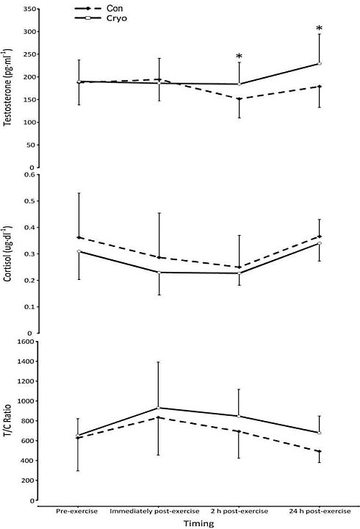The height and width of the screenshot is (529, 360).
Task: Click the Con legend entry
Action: click(108, 7)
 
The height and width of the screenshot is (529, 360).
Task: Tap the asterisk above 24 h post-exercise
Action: click(320, 29)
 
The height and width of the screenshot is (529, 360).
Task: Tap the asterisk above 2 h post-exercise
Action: click(239, 57)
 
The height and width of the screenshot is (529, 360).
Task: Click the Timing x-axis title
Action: click(198, 523)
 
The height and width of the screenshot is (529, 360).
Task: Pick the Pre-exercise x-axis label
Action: click(78, 509)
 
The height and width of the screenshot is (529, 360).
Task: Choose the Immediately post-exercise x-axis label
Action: click(158, 509)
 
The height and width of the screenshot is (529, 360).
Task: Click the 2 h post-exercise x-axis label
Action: click(239, 509)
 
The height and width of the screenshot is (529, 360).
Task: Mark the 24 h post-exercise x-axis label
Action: click(320, 509)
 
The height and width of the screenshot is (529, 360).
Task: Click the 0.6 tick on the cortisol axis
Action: click(29, 174)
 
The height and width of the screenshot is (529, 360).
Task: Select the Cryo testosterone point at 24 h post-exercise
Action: click(320, 64)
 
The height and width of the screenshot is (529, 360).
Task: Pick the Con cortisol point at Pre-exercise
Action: click(78, 237)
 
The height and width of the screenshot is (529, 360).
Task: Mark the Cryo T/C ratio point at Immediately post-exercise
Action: click(158, 408)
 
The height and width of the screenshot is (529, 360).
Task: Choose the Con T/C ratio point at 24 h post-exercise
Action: click(320, 451)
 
